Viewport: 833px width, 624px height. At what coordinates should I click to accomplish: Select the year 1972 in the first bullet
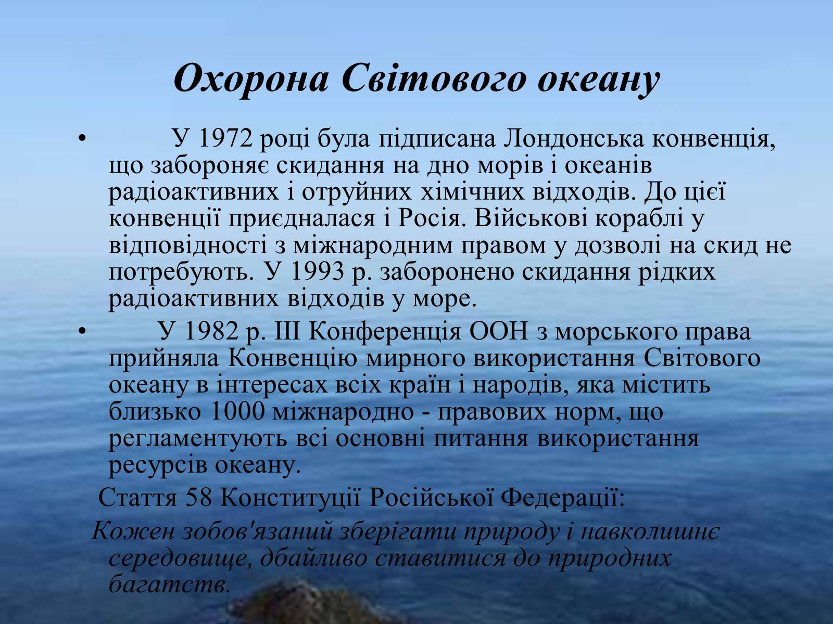[x=225, y=139]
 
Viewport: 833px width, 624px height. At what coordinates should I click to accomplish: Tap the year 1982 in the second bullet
[x=212, y=332]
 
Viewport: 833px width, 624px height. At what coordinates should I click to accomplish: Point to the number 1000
[x=236, y=411]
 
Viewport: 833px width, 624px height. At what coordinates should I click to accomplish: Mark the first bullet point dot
[x=82, y=139]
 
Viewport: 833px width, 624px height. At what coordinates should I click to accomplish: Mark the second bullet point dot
[x=82, y=332]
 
